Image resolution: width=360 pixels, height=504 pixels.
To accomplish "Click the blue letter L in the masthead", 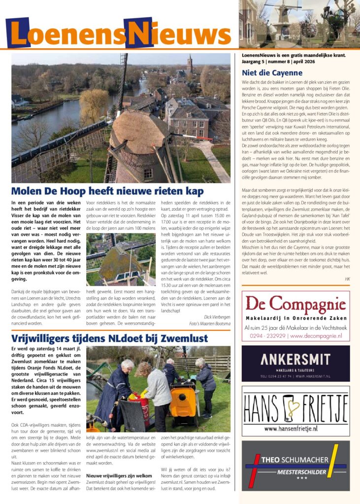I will click(x=18, y=33).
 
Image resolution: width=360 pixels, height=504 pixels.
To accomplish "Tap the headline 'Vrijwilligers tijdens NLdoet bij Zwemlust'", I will click(x=106, y=339).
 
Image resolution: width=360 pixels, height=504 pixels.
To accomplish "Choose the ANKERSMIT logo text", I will click(x=295, y=358).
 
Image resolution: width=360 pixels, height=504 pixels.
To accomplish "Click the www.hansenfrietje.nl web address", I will click(x=295, y=429).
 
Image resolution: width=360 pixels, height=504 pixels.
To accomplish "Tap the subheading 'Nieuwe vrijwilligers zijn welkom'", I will click(x=119, y=476).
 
